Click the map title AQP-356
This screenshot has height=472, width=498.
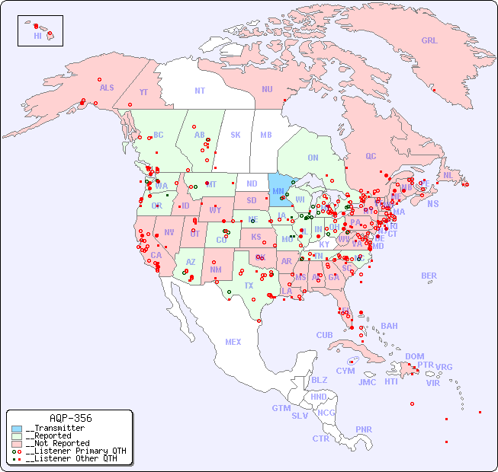[70, 418]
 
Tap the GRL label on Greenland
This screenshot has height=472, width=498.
[429, 41]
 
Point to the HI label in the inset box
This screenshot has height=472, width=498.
[37, 36]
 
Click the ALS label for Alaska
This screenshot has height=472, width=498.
[107, 88]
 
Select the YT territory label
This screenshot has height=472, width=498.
[143, 92]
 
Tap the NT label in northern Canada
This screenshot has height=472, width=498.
[199, 91]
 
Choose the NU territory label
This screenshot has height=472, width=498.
[267, 89]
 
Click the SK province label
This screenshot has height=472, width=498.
[236, 135]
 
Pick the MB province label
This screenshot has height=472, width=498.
[265, 136]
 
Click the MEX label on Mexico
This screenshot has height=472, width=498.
[233, 342]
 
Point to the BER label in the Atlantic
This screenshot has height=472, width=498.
[429, 276]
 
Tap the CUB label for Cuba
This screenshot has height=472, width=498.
[324, 335]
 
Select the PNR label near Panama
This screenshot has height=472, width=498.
[364, 429]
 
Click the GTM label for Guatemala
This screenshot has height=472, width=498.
[281, 408]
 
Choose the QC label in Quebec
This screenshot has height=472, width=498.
[371, 156]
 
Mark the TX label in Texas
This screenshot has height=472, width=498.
[249, 285]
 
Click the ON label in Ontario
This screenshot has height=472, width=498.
[313, 158]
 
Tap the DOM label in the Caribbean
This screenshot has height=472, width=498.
[414, 356]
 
